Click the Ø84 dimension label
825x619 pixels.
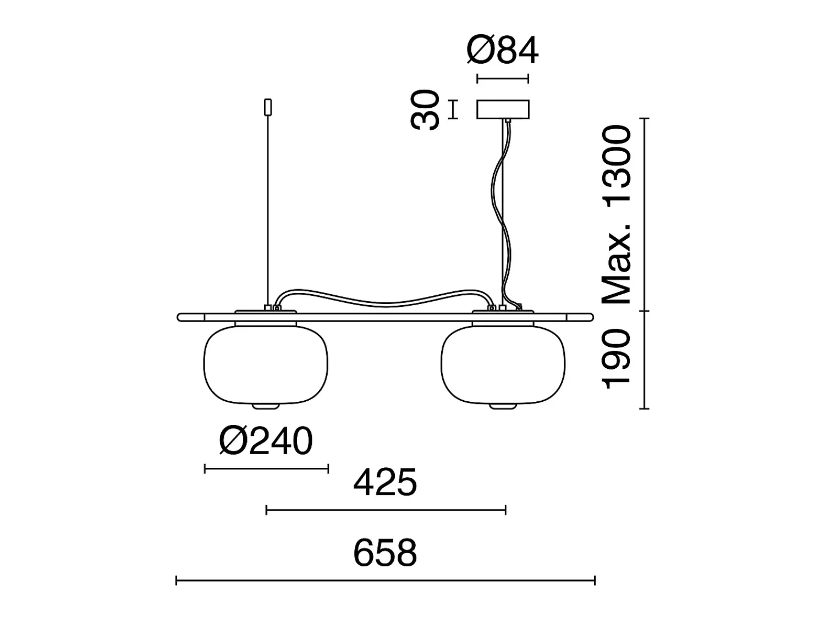503,51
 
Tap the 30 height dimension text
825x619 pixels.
425,110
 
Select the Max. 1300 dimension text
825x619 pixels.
617,215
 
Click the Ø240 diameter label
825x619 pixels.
266,441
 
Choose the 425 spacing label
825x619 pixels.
385,482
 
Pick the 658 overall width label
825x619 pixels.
385,553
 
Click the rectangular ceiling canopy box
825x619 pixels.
503,109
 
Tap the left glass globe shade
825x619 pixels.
266,364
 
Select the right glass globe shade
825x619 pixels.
503,364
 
